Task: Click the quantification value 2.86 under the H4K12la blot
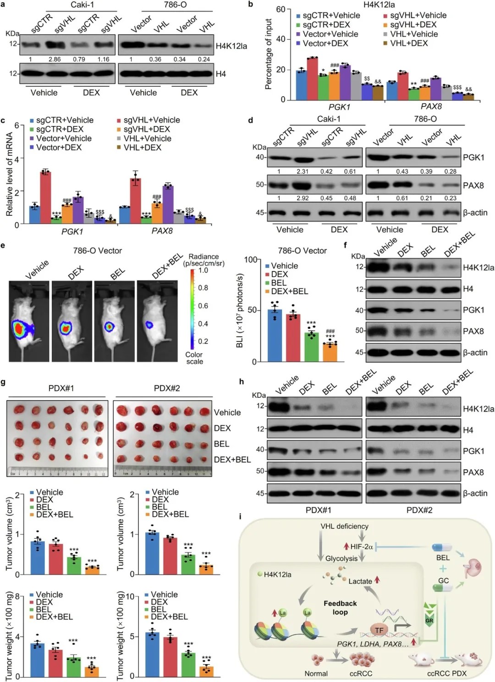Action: [x=55, y=60]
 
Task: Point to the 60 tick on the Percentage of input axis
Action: [x=280, y=9]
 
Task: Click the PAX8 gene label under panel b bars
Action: [x=431, y=107]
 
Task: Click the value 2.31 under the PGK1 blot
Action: [x=302, y=171]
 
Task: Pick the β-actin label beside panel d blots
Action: [x=475, y=213]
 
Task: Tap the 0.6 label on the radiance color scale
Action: [x=203, y=306]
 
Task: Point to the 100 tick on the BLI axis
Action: [x=250, y=260]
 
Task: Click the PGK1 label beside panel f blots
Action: [x=473, y=310]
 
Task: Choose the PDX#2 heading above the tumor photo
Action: [x=167, y=388]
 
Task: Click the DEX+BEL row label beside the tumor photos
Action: [x=232, y=460]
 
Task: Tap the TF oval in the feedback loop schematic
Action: [x=379, y=630]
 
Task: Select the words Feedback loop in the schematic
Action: [x=340, y=608]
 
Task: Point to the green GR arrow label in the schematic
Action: [x=429, y=621]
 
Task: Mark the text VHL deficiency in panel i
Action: [x=344, y=526]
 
